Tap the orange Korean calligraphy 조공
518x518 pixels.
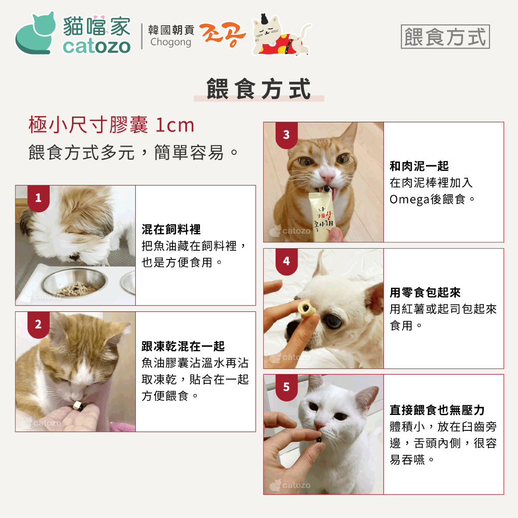[222, 35]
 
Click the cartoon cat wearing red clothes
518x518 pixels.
[281, 36]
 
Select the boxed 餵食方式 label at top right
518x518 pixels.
[445, 36]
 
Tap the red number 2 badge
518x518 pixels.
[38, 324]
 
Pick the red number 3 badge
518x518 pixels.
[286, 135]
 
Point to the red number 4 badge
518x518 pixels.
[286, 262]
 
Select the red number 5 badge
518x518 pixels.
[286, 387]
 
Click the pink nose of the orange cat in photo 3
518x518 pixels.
[328, 178]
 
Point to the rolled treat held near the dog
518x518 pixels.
[306, 309]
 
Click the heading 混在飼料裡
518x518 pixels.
[171, 229]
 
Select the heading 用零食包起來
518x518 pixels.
[425, 292]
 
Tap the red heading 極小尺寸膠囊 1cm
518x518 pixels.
[111, 125]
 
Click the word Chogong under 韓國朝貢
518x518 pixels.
[170, 42]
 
